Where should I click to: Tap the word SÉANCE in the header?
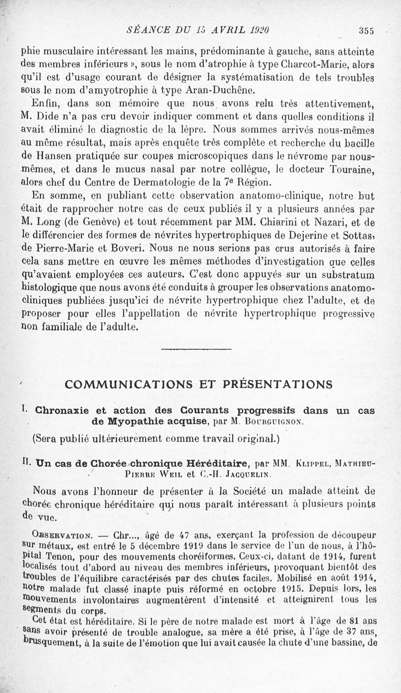click(146, 30)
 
